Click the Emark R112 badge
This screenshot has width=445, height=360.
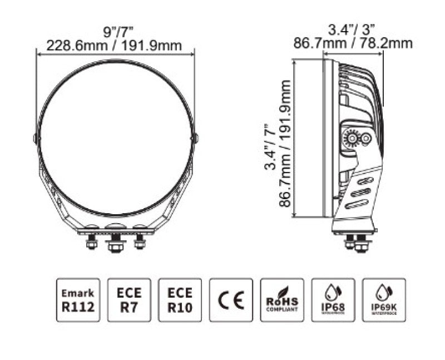[x=78, y=300]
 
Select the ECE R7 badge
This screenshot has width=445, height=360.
[x=129, y=300]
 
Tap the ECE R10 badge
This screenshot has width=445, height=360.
[x=180, y=300]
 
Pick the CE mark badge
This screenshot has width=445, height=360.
[x=231, y=300]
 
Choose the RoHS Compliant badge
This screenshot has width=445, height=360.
[x=282, y=300]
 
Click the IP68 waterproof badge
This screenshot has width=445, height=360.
[x=333, y=300]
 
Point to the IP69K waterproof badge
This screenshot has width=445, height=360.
[x=384, y=300]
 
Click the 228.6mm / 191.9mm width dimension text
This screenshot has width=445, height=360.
[x=115, y=45]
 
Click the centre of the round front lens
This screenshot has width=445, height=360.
[x=116, y=135]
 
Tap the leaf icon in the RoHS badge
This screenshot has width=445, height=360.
[x=286, y=291]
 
